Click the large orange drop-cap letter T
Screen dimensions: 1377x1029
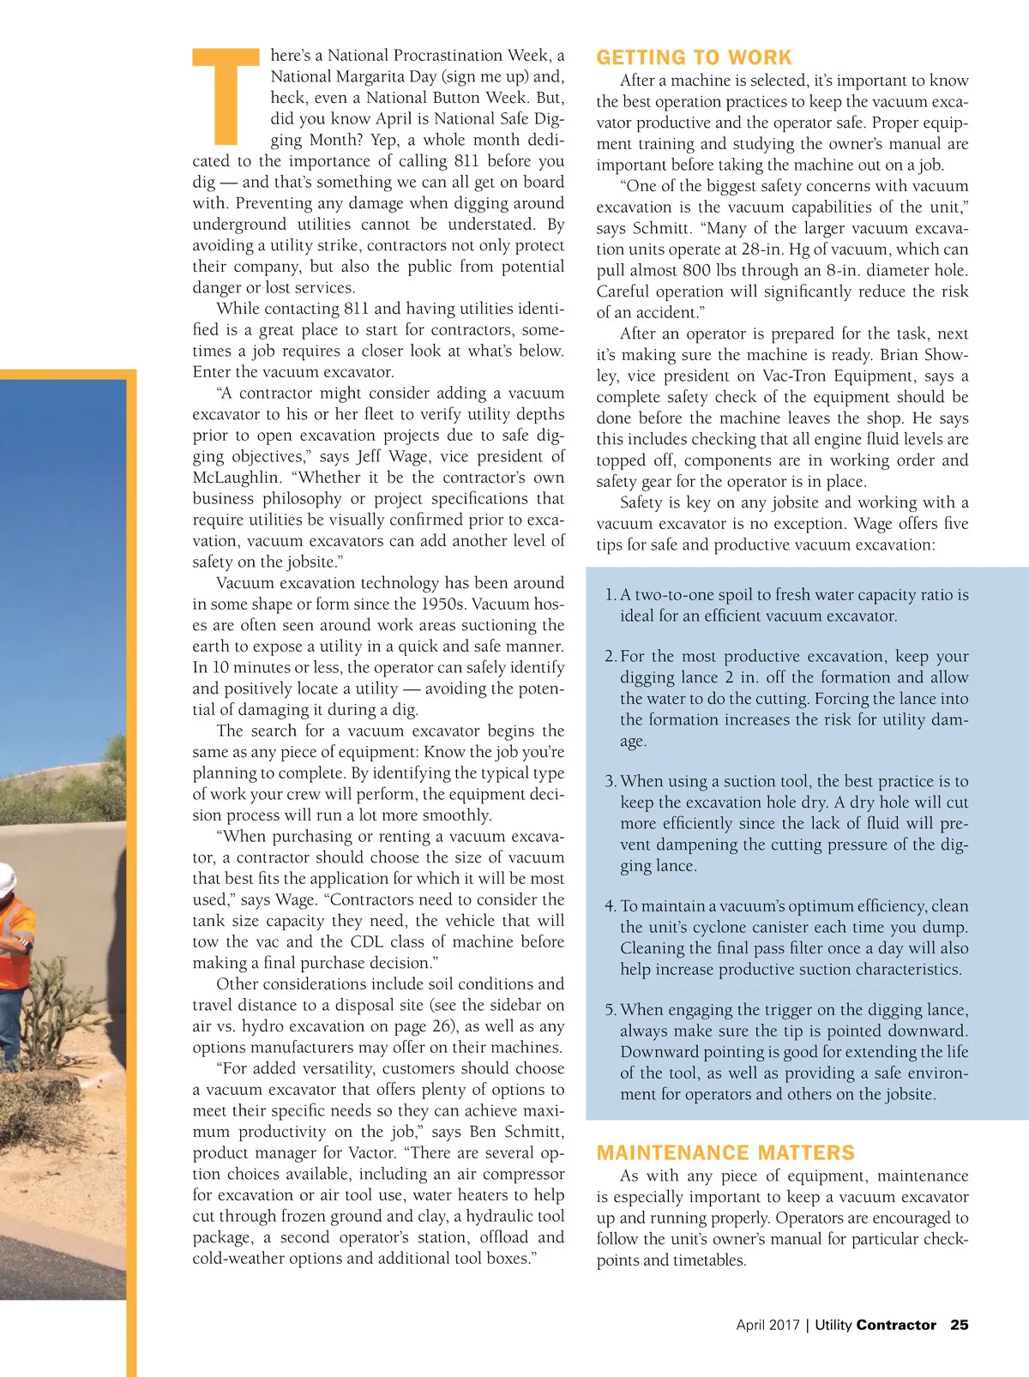(x=226, y=96)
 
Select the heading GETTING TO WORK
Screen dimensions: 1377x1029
(x=694, y=57)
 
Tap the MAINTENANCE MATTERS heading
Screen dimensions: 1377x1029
(x=725, y=1152)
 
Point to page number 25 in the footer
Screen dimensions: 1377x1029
(x=959, y=1325)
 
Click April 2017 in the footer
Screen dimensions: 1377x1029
(x=767, y=1325)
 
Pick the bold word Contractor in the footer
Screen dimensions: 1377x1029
(x=896, y=1325)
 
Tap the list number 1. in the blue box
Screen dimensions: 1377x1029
(x=610, y=595)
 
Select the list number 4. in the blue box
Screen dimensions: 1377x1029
(x=610, y=906)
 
